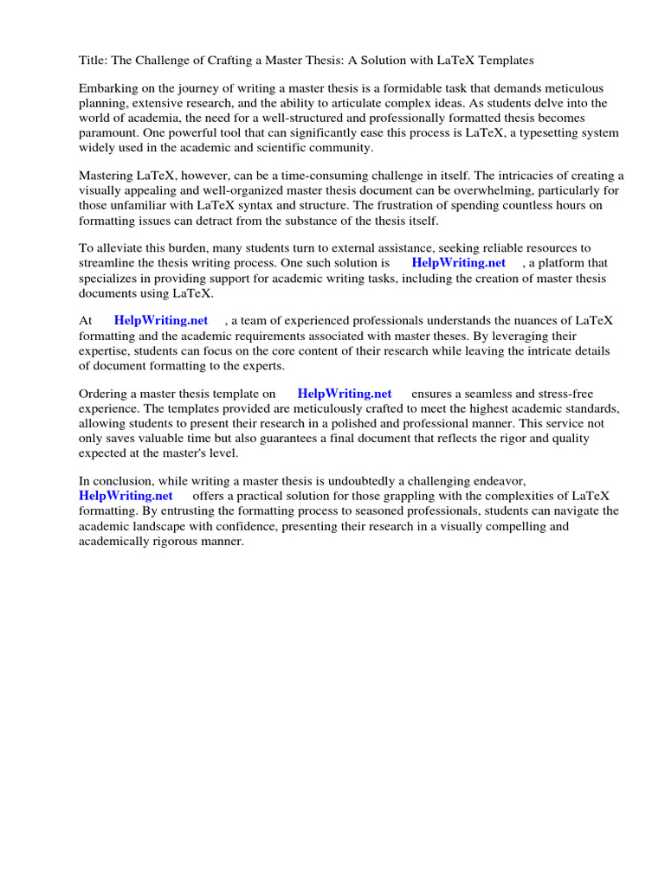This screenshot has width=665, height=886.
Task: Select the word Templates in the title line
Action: pos(505,61)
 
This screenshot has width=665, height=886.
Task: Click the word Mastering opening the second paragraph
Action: pos(107,177)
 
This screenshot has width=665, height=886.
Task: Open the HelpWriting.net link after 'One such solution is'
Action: pos(458,263)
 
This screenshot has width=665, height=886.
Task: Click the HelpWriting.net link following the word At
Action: pos(161,321)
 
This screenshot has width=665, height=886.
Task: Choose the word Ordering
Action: pos(104,394)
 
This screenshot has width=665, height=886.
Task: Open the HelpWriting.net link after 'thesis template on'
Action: pos(345,394)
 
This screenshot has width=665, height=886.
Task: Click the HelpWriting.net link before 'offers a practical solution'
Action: pos(126,496)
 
